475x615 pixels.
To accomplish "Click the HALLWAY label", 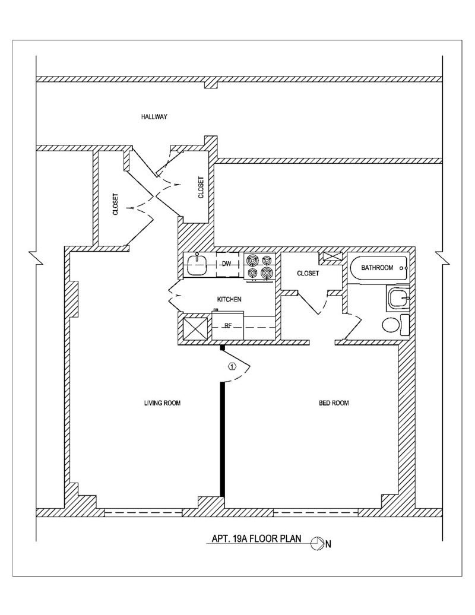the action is coord(154,117).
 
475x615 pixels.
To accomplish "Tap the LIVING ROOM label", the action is coord(162,403).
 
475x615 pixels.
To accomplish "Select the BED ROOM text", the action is coord(334,403).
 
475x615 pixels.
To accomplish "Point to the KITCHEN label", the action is coord(229,300).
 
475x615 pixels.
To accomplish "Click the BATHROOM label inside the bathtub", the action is coord(377,268).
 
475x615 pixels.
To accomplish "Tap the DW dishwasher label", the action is coord(226,264).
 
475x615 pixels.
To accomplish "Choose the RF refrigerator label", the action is coord(226,325).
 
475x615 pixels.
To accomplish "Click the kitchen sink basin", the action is coord(197,266).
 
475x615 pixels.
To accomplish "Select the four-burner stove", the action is coord(260,266).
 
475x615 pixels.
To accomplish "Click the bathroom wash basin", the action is coord(397,297).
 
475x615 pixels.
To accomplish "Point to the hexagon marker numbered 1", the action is coord(232,366).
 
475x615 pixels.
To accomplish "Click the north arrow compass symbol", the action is coord(317,543).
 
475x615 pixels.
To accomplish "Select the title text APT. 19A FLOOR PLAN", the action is coord(257,540).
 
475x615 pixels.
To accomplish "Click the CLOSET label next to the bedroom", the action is coord(308,274).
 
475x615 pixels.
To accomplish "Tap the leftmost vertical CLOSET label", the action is coord(115,204).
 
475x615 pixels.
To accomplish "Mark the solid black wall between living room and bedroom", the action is coord(223,439).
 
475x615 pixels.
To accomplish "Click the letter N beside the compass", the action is coord(328,543).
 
